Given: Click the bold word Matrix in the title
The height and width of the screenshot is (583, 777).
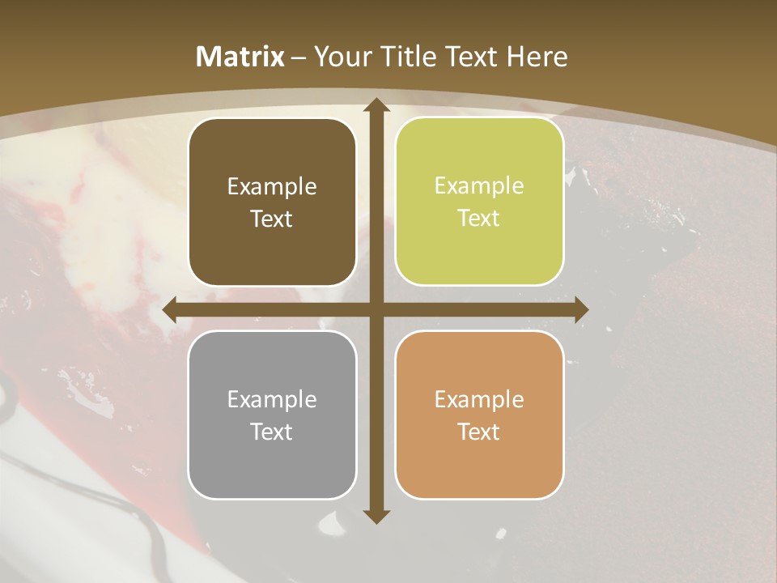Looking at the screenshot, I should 240,57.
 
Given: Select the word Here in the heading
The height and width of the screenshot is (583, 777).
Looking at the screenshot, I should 537,57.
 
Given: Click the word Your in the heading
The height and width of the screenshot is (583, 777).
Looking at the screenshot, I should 340,57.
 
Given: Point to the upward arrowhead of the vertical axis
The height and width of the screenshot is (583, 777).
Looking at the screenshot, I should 376,105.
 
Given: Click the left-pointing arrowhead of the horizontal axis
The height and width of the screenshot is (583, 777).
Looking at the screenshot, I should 171,310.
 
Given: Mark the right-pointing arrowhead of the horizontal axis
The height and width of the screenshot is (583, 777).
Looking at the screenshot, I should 580,310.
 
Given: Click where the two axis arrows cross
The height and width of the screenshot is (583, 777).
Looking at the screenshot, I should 376,310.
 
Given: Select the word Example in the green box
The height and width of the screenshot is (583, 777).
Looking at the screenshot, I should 479,185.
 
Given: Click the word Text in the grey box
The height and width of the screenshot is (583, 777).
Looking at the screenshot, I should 272,432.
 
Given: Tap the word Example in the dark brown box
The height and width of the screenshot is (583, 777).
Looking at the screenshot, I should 272,186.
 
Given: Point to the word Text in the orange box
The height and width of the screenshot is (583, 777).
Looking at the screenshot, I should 479,432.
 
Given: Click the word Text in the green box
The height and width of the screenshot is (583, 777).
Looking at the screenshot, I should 479,218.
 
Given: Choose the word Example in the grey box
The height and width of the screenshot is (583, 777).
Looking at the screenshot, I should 272,399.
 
